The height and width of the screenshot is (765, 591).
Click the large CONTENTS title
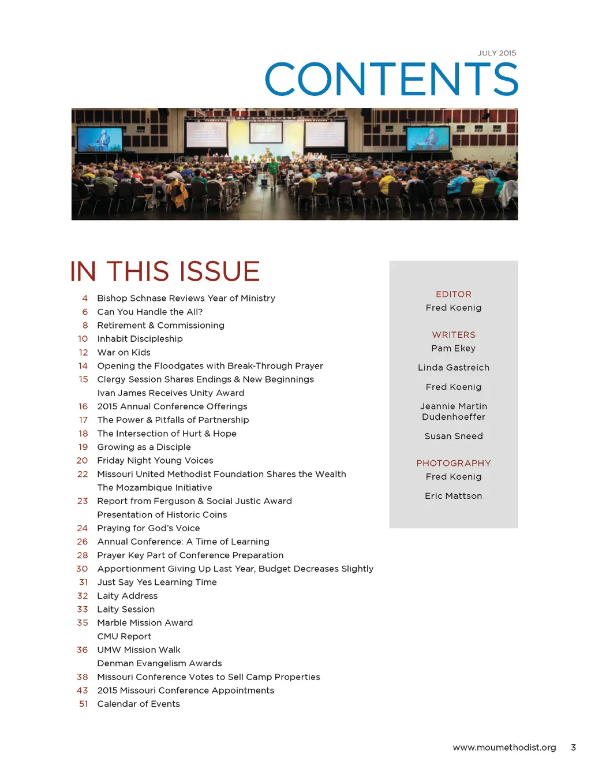click(x=391, y=80)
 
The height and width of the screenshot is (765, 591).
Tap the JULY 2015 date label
click(x=496, y=53)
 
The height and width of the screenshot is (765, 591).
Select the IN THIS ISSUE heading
click(x=165, y=271)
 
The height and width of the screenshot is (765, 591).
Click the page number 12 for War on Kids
click(x=83, y=352)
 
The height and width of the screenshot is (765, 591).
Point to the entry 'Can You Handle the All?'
click(x=150, y=312)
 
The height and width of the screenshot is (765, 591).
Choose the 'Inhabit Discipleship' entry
click(x=140, y=339)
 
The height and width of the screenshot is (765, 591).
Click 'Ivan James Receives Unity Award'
click(x=171, y=393)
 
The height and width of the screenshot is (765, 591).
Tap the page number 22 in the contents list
click(x=83, y=474)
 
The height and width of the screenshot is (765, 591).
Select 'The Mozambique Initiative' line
click(x=155, y=487)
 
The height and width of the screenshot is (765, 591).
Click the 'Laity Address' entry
click(x=127, y=596)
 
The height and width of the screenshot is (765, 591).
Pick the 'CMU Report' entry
click(x=124, y=636)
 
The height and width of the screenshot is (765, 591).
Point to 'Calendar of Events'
click(x=139, y=704)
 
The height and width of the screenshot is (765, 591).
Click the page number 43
click(x=83, y=691)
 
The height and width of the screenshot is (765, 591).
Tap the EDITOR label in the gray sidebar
click(x=454, y=294)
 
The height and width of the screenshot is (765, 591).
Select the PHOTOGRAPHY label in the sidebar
click(x=454, y=463)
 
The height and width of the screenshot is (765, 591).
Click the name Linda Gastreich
click(x=454, y=368)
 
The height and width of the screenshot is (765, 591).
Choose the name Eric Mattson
click(x=454, y=496)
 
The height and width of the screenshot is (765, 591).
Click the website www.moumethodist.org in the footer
click(x=504, y=747)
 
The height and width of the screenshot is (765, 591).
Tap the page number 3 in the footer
click(x=573, y=747)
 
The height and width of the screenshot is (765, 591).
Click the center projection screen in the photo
click(x=265, y=132)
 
